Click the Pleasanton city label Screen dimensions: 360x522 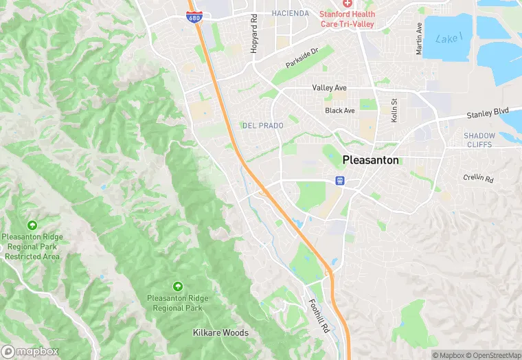tap(370, 159)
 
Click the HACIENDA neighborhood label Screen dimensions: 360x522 tap(291, 13)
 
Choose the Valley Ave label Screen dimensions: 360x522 tap(330, 88)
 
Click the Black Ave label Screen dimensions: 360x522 tap(340, 111)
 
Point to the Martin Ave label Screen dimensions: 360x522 tap(419, 38)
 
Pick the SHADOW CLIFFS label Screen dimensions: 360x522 tap(489, 140)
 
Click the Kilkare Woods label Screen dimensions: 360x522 tap(220, 333)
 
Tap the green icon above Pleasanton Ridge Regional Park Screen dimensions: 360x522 tap(178, 286)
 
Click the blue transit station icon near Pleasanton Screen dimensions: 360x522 tap(340, 180)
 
